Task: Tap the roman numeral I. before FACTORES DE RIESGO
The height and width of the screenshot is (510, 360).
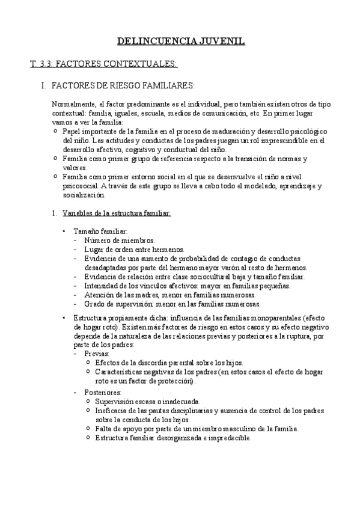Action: [43, 86]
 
